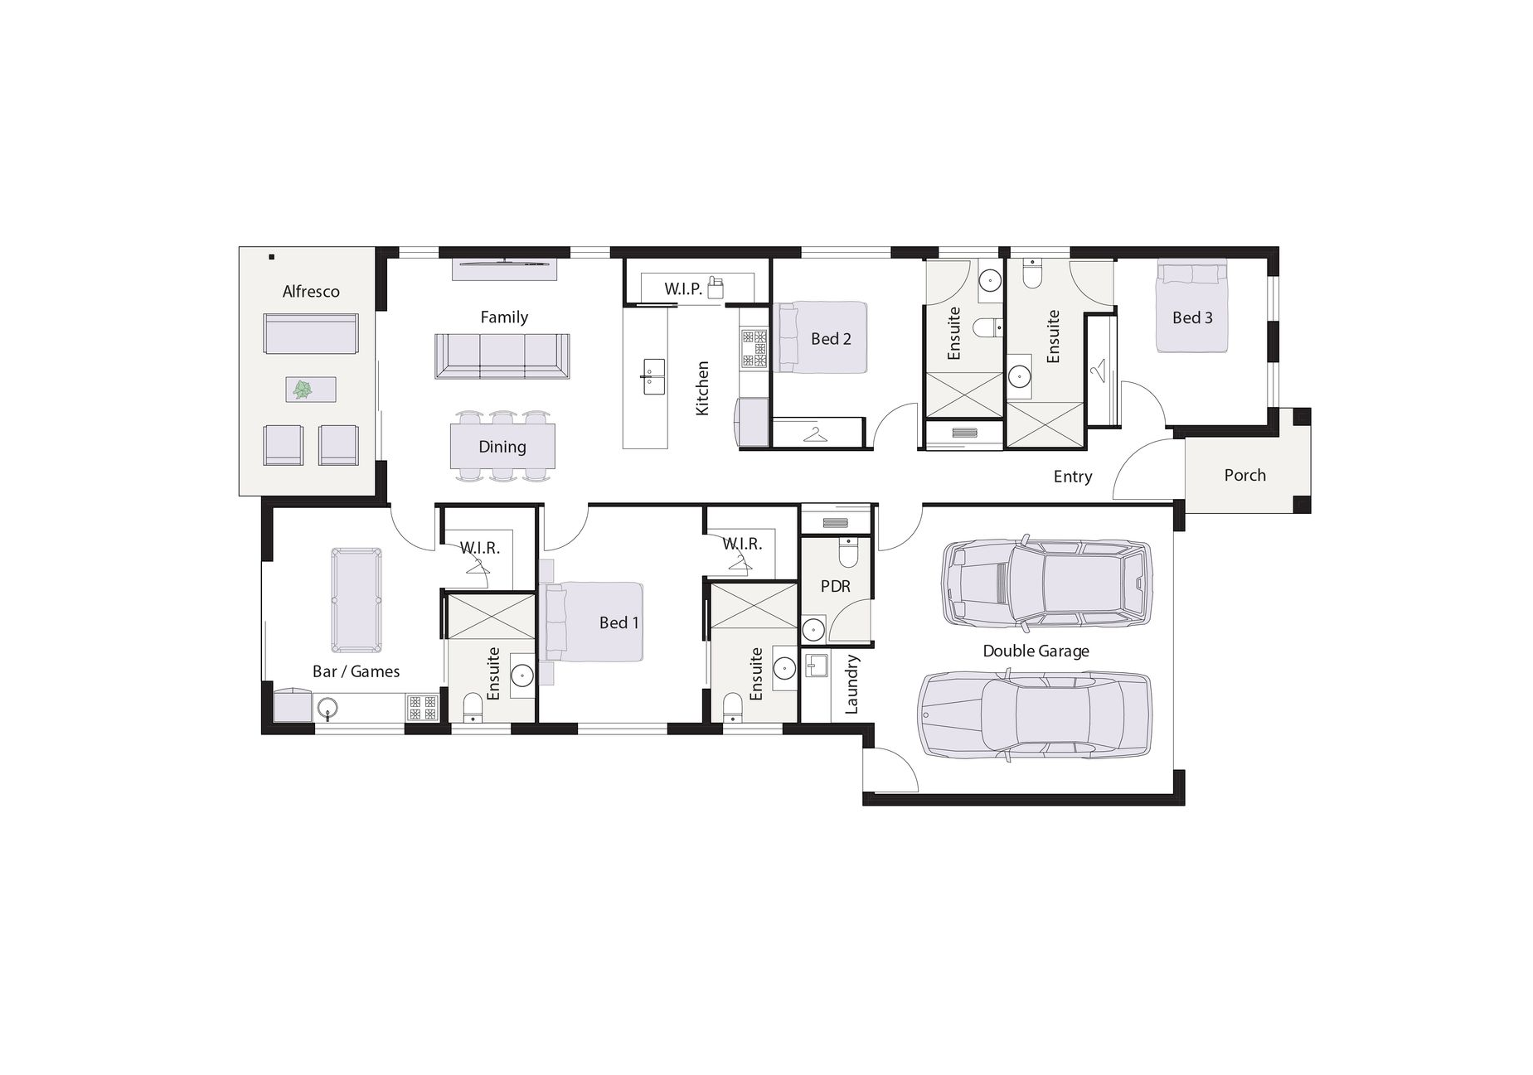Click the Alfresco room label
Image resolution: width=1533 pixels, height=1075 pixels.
[x=311, y=292]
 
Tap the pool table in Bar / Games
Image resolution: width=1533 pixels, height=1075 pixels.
[x=357, y=600]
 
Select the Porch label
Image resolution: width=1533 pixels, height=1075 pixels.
[x=1244, y=475]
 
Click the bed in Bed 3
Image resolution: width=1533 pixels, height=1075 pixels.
[x=1192, y=306]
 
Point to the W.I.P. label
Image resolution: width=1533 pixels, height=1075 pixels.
[x=683, y=288]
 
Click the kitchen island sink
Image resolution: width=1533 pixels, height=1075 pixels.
[x=654, y=377]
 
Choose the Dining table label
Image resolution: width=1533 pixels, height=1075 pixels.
[x=502, y=447]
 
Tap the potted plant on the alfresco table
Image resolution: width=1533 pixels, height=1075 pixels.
[x=303, y=389]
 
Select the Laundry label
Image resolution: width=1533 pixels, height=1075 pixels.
[x=851, y=684]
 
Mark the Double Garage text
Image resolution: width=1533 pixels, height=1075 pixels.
[x=1036, y=651]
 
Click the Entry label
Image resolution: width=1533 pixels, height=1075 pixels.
[x=1073, y=477]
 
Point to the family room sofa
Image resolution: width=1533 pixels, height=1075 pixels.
[x=502, y=356]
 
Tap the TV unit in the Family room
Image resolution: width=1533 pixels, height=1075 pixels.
[x=504, y=269]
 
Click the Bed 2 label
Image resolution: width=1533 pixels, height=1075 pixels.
[x=831, y=339]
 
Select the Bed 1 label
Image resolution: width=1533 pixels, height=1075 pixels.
[x=619, y=622]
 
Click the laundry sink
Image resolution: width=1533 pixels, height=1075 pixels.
[x=817, y=666]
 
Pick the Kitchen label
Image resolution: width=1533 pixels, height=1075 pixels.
[x=702, y=388]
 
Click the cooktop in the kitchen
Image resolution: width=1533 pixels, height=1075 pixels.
[x=754, y=348]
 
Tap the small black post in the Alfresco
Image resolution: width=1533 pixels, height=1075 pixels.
[x=271, y=257]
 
